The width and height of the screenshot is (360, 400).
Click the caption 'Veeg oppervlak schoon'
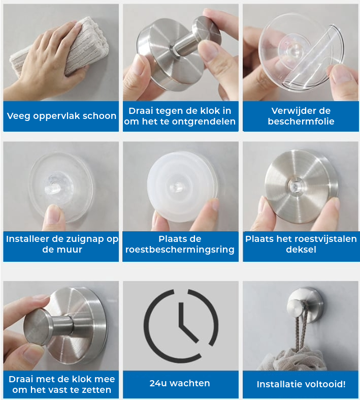(x=61, y=116)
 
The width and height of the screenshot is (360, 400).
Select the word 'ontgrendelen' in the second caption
(x=204, y=121)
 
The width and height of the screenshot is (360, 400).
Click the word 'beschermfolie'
(x=301, y=121)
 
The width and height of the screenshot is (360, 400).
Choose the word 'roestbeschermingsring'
(x=180, y=250)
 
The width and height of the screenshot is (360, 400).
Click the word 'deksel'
(x=301, y=250)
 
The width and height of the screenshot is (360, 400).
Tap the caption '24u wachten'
(x=180, y=383)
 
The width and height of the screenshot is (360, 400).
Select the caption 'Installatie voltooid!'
(x=301, y=384)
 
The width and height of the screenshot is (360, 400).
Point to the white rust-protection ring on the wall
(x=181, y=186)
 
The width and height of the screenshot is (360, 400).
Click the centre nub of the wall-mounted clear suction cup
(x=53, y=185)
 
